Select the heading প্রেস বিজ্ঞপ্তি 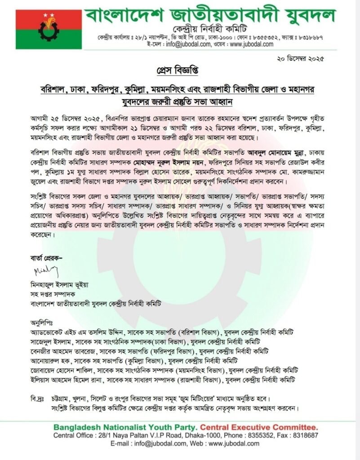pos(180,72)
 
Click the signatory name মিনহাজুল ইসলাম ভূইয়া pos(59,284)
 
